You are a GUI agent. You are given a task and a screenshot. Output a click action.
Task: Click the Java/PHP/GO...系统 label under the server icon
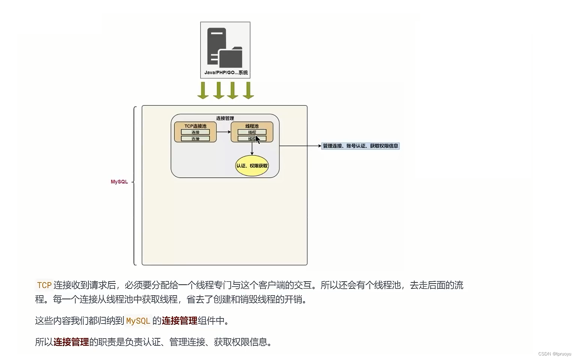[x=226, y=73]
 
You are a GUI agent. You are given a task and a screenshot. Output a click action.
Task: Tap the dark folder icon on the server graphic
[x=231, y=58]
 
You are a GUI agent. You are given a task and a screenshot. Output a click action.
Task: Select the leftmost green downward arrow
[x=203, y=90]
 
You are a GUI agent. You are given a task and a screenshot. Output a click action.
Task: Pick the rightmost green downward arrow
[x=248, y=90]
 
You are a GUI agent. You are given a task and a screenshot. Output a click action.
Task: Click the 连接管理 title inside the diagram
[x=225, y=118]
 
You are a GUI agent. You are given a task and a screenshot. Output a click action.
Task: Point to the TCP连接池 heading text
[x=195, y=126]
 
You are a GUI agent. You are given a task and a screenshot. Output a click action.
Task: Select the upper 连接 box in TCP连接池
[x=195, y=132]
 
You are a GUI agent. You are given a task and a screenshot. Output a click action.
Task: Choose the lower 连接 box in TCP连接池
[x=195, y=139]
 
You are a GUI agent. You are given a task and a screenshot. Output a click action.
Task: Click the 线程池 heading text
[x=252, y=126]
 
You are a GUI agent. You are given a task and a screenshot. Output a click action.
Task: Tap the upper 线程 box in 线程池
[x=252, y=132]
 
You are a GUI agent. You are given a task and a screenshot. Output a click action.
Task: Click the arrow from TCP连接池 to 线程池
[x=223, y=132]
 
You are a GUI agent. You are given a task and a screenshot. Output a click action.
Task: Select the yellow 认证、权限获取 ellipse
[x=252, y=166]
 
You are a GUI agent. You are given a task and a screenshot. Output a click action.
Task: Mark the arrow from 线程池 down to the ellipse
[x=252, y=149]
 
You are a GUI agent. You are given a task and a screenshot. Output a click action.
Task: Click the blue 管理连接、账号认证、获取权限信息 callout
[x=360, y=146]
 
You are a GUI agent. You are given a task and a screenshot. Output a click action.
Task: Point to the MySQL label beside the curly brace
[x=119, y=182]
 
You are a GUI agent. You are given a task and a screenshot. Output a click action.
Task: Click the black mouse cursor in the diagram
[x=258, y=139]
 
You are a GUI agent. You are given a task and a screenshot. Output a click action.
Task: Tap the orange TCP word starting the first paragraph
[x=44, y=285]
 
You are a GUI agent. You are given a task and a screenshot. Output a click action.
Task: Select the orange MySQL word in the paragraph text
[x=138, y=321]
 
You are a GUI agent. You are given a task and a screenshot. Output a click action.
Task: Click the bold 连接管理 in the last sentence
[x=71, y=342]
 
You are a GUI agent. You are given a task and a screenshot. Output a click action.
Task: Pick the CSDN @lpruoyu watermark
[x=555, y=354]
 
